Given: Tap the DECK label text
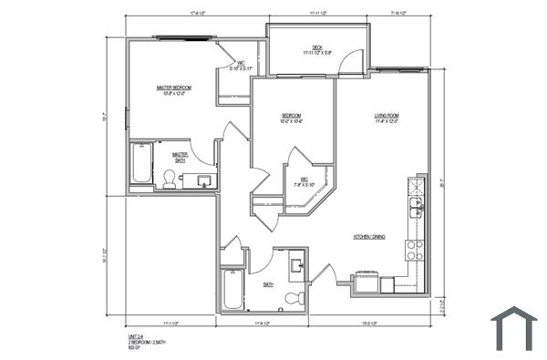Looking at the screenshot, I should (x=317, y=47).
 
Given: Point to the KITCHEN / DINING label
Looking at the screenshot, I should (x=369, y=236).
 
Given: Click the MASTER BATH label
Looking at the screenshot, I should (x=181, y=157).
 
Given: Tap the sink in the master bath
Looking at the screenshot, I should (x=203, y=180).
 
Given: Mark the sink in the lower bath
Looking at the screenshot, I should (x=298, y=266).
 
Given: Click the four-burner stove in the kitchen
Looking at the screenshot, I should (x=416, y=249).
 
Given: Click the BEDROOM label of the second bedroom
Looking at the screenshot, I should (x=292, y=116).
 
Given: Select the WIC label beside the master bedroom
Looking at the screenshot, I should (x=242, y=65).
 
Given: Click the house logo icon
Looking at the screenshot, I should (x=514, y=328).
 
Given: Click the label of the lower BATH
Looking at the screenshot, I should (x=269, y=284).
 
